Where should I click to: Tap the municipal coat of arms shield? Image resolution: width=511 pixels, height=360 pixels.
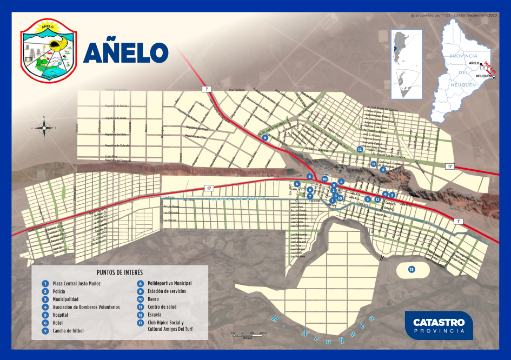49,49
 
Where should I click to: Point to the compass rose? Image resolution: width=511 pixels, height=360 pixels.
44,128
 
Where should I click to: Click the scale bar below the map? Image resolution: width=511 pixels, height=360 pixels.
246,336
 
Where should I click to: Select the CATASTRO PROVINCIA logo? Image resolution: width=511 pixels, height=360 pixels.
439,325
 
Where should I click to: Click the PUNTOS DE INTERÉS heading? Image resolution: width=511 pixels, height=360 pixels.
120,272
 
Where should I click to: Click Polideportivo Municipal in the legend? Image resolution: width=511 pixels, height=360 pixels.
169,283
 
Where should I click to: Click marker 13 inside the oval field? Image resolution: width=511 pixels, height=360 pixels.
412,269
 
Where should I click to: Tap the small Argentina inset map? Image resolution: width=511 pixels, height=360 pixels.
406,64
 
